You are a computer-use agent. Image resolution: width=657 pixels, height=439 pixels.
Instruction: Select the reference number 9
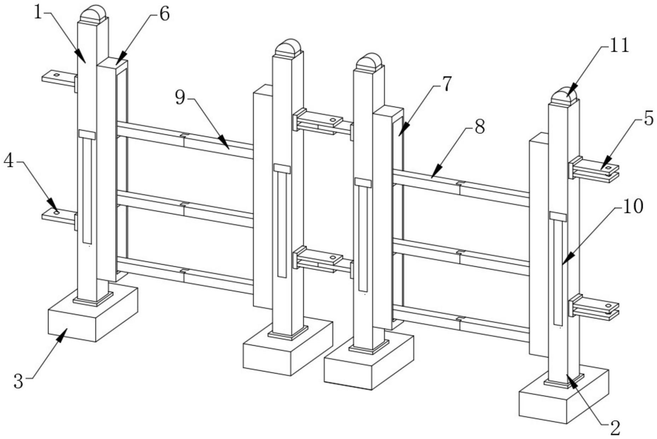[x=180, y=97]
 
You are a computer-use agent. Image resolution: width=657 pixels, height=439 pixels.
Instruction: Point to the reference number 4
[x=9, y=162]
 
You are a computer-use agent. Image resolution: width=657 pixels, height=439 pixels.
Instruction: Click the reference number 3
[x=18, y=382]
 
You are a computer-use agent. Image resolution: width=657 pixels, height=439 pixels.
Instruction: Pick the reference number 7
[x=447, y=84]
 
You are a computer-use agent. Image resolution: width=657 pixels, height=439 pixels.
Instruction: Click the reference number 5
[x=648, y=119]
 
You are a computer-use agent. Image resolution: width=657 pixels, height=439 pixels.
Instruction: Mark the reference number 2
[x=615, y=428]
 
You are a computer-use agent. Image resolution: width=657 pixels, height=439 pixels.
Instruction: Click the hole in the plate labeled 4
[x=56, y=212]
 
